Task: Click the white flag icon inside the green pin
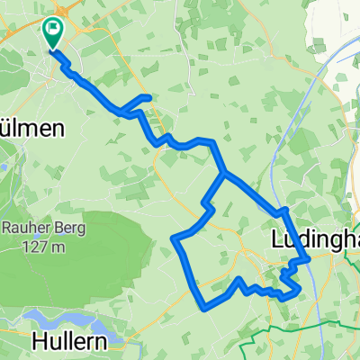tap(54, 30)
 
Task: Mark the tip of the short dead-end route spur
tap(148, 96)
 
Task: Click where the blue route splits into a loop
tap(223, 173)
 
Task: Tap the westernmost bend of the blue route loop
tap(174, 238)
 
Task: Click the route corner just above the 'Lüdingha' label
tap(284, 211)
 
